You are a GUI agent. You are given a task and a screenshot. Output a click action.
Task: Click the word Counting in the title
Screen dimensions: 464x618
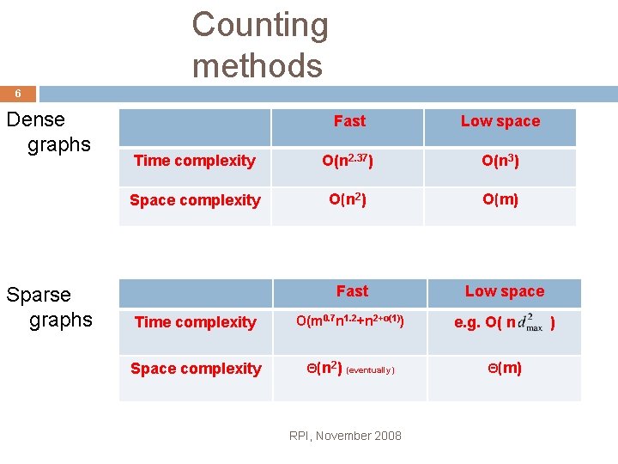coord(260,25)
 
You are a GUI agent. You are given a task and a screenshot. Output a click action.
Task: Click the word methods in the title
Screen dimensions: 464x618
coord(257,65)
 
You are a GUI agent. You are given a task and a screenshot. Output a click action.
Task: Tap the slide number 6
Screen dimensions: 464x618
coord(18,94)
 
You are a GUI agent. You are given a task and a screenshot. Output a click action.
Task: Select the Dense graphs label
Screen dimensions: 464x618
coord(48,131)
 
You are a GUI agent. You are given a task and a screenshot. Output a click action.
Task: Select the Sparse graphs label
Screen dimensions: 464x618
coord(49,307)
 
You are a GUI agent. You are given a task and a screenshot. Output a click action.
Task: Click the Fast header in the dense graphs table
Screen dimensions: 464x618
coord(349,121)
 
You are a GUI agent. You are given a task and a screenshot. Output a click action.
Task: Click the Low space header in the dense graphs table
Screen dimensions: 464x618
coord(500,121)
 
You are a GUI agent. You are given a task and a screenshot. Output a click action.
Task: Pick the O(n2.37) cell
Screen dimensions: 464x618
coord(349,161)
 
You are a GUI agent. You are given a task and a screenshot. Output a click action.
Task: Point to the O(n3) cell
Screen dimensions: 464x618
coord(500,161)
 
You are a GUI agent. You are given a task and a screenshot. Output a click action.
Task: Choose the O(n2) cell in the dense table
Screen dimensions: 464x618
coord(348,200)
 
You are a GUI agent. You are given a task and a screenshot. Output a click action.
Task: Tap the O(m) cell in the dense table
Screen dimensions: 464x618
coord(500,200)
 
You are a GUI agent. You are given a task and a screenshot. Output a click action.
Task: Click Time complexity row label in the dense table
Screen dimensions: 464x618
coord(195,161)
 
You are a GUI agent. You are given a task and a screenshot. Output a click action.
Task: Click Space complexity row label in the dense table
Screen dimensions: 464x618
coord(195,200)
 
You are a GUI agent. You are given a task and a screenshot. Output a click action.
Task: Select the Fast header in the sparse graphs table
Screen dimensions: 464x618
coord(352,291)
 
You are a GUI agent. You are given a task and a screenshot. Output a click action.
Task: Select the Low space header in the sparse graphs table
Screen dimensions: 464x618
coord(505,291)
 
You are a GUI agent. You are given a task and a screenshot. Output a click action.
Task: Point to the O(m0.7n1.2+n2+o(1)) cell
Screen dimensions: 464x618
coord(350,322)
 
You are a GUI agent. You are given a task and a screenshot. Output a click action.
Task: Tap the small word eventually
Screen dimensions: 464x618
coord(371,370)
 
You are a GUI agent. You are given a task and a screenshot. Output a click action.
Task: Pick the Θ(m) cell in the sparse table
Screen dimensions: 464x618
coord(505,369)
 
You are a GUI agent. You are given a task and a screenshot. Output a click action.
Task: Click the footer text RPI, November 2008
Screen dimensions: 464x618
coord(345,436)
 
